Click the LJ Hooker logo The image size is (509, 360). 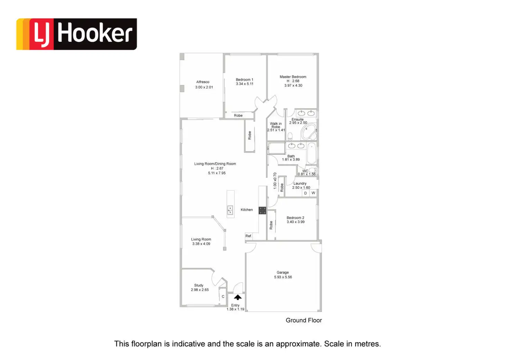(x=76, y=34)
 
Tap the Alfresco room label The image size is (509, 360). (x=203, y=82)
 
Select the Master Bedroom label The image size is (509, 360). (x=293, y=77)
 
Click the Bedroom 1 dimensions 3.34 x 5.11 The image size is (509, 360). (x=244, y=84)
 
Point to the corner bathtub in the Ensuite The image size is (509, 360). (x=308, y=132)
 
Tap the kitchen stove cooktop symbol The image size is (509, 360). (x=262, y=210)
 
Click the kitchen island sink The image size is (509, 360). (x=230, y=210)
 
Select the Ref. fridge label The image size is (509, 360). (x=248, y=236)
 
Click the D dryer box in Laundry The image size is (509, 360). (x=305, y=193)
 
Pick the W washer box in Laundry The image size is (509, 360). (x=313, y=193)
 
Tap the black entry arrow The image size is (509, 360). (x=238, y=297)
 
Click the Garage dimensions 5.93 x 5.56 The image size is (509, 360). (x=283, y=277)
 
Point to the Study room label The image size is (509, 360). (x=198, y=285)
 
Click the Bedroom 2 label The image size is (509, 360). (x=295, y=218)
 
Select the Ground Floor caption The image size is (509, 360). (x=304, y=320)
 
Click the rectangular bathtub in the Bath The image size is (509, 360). (x=311, y=153)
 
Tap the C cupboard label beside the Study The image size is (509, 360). (x=223, y=297)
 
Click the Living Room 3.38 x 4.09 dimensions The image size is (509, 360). (x=201, y=244)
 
